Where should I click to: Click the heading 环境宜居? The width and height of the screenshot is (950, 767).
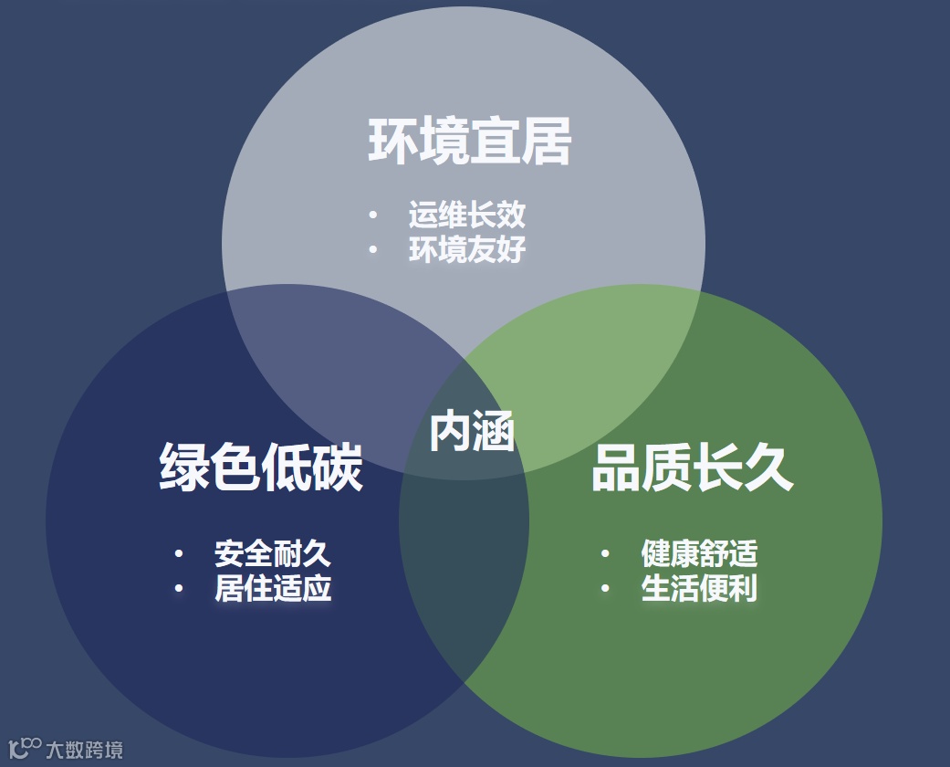470,142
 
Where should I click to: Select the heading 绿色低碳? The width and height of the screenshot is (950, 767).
261,468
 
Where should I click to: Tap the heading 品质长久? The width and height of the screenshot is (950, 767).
692,468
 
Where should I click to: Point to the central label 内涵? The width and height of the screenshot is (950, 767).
472,432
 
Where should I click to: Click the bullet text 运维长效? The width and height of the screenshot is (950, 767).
467,215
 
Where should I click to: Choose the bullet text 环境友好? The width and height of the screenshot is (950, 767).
467,250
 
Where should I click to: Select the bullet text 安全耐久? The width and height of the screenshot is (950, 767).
273,553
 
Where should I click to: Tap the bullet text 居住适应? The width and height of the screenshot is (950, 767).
273,588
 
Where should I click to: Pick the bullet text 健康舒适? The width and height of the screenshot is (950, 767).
699,553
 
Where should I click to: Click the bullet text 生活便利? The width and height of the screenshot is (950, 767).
699,588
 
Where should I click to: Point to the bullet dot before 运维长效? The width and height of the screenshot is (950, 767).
373,215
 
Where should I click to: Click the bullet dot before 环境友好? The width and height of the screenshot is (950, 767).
373,250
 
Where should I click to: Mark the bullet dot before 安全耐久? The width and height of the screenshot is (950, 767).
179,553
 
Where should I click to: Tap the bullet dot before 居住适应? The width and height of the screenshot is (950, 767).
179,588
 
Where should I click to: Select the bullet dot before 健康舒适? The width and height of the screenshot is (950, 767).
605,553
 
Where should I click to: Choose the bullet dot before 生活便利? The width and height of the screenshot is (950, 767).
605,588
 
